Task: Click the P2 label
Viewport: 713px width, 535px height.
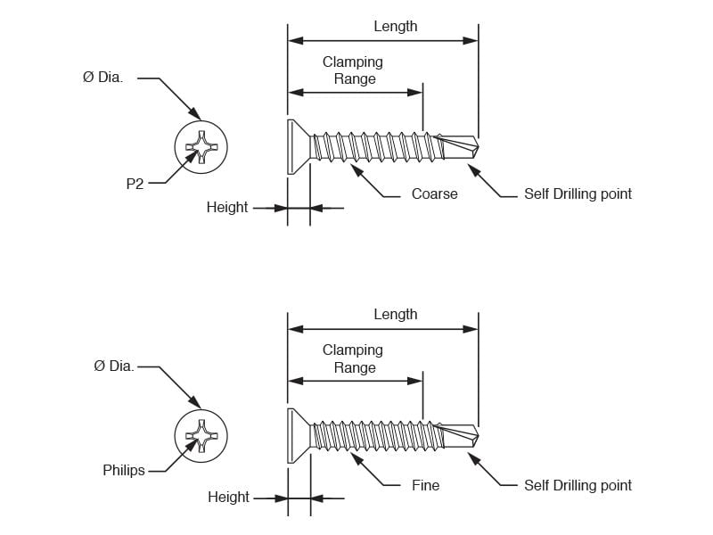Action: coord(135,184)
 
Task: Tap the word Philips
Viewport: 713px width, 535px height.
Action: coord(124,470)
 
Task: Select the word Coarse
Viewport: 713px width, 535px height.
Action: coord(435,193)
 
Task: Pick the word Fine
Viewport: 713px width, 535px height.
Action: coord(426,485)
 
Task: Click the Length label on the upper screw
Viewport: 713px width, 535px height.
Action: coord(396,27)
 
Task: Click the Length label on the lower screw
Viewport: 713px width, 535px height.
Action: coord(396,315)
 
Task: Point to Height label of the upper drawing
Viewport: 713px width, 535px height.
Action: coord(227,208)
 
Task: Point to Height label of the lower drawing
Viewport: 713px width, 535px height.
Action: coord(228,498)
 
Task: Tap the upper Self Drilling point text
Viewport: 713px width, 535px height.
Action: coord(578,194)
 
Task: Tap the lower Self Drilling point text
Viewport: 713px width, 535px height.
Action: coord(578,486)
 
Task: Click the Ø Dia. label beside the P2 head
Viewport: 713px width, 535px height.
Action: coord(102,78)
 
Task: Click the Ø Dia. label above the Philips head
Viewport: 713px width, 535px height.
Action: coord(114,366)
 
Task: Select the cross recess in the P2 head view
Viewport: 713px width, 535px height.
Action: coord(201,147)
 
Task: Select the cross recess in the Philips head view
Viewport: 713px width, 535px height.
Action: coord(201,436)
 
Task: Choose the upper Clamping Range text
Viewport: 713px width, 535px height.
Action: coord(353,70)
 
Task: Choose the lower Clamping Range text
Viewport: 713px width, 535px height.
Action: coord(353,359)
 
